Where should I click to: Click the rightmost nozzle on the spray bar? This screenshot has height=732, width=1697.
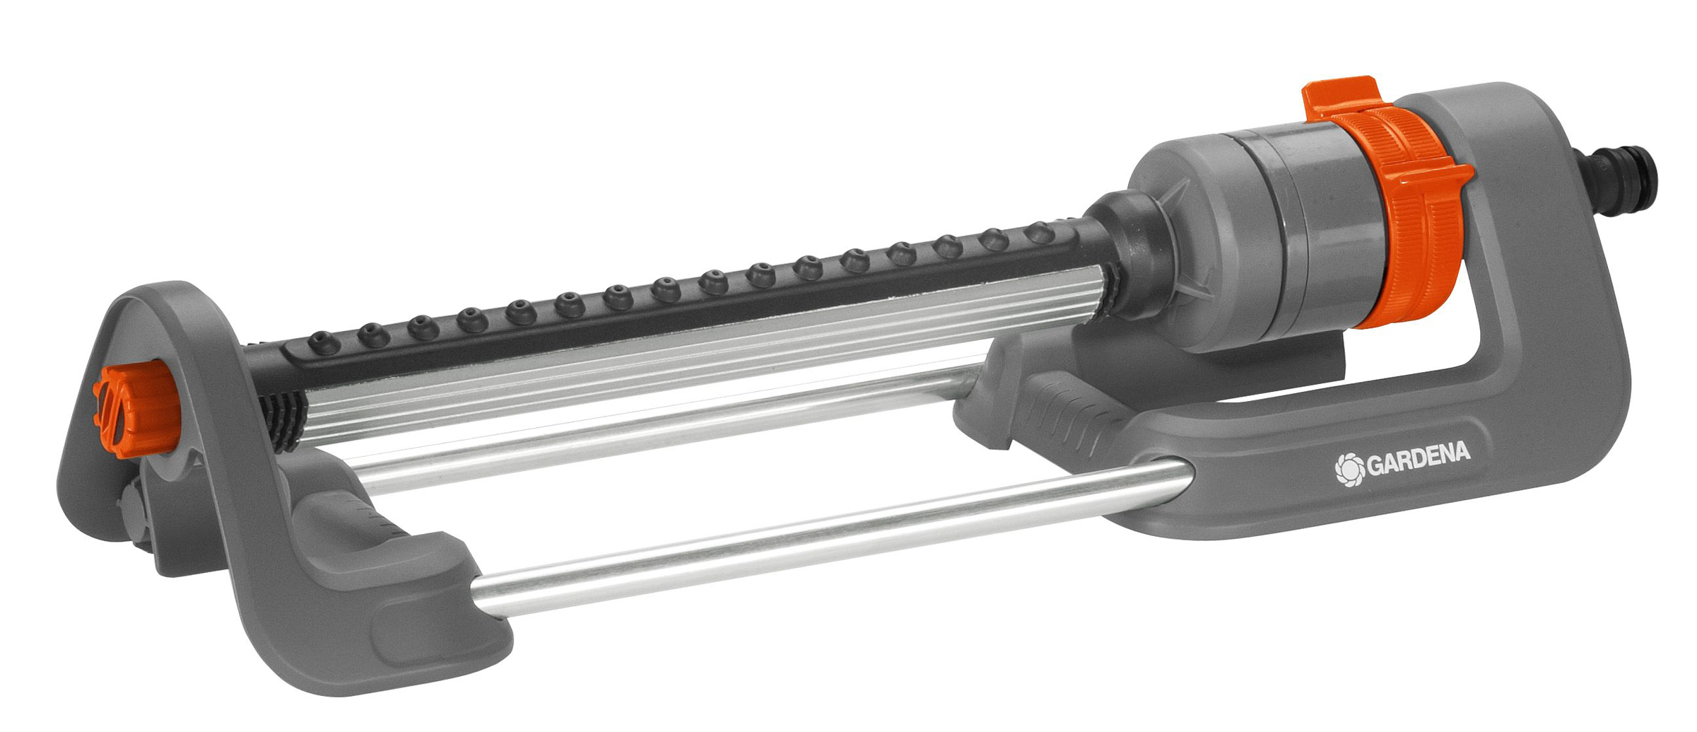click(x=1039, y=232)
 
